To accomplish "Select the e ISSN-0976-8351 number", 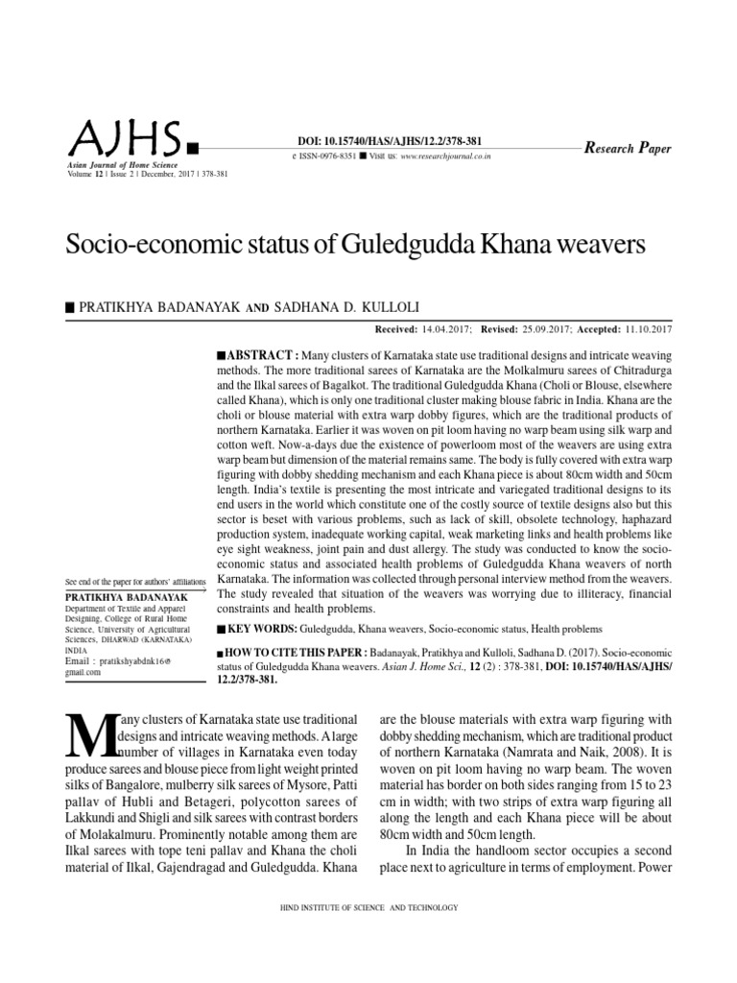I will pos(322,156).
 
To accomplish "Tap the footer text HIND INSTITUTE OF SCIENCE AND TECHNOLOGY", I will pos(368,907).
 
